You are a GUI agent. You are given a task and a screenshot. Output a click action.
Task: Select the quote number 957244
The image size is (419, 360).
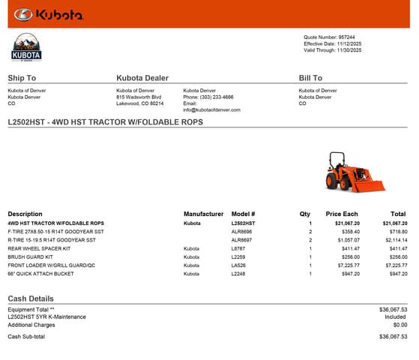click(x=346, y=37)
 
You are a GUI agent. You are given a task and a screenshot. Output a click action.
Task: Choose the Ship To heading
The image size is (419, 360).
click(x=22, y=78)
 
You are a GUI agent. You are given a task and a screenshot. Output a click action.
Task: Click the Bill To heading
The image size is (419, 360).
click(x=310, y=78)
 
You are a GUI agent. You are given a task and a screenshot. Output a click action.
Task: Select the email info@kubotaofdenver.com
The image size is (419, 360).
click(x=211, y=109)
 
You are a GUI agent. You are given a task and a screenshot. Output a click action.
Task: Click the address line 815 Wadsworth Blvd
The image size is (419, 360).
click(x=139, y=97)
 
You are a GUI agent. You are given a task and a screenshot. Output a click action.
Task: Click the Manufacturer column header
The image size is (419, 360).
click(x=203, y=214)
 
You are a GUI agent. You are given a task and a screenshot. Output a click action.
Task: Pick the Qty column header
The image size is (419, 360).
click(x=305, y=214)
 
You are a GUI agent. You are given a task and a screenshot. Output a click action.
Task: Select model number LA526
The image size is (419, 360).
click(x=239, y=265)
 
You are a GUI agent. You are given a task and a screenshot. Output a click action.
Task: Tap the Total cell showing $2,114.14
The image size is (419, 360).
click(x=394, y=240)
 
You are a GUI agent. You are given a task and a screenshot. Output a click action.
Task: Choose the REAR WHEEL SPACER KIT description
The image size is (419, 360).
click(x=38, y=248)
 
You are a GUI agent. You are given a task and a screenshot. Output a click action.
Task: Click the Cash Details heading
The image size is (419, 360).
click(x=31, y=298)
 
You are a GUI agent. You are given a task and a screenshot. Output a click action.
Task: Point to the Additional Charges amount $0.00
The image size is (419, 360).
click(x=400, y=325)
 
